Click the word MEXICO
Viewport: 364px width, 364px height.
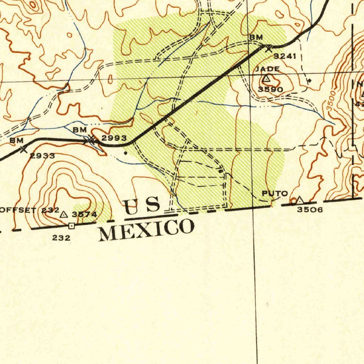146,230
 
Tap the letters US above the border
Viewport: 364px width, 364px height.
142,206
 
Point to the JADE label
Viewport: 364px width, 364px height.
267,69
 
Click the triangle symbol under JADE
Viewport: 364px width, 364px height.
267,78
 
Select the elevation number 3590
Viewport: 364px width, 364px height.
271,90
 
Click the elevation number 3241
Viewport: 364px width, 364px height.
285,56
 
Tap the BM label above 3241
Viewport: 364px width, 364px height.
256,37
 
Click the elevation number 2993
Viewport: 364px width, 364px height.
114,138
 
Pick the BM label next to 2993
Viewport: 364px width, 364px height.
80,130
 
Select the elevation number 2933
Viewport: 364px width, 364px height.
42,156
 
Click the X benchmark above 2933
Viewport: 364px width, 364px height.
23,149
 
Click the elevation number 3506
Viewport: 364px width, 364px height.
310,210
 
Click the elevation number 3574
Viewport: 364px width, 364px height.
84,214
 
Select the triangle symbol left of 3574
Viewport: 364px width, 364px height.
64,214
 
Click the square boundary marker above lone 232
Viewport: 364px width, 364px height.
71,225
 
